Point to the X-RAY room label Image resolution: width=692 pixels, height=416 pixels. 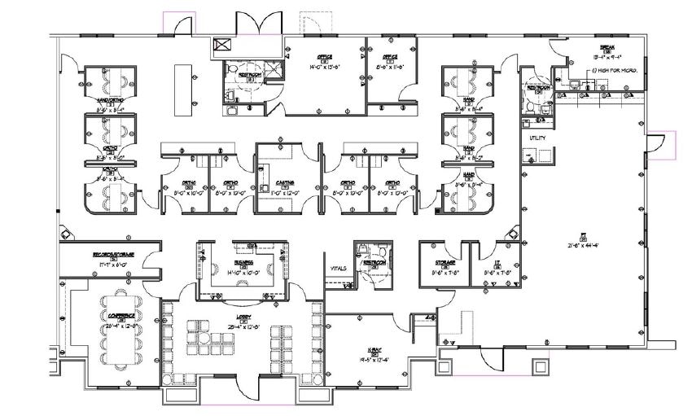click(x=375, y=348)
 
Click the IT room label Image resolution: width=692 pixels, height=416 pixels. click(x=495, y=262)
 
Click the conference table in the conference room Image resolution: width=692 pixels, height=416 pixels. click(x=120, y=333)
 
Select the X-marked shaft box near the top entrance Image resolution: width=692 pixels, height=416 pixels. click(x=220, y=46)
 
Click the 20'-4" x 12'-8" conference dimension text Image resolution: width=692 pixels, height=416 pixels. click(x=120, y=326)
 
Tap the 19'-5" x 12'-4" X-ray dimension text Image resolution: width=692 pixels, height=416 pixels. click(x=375, y=357)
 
